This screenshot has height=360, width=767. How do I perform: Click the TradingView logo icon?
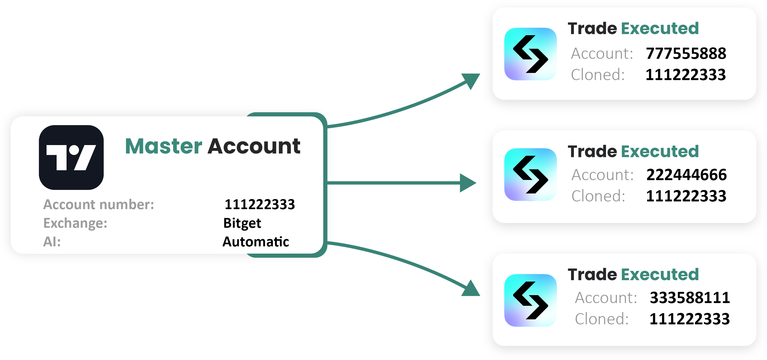pos(71,157)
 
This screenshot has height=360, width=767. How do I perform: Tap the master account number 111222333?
pos(260,204)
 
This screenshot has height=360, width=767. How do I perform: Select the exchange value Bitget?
pos(242,223)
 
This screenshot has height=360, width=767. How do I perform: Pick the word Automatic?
pos(256,242)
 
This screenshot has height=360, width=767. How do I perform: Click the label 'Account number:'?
pos(99,204)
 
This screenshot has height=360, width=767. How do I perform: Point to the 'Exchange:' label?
pos(75,223)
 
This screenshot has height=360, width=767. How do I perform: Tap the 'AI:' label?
pos(52,242)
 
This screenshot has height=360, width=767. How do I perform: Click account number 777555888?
pos(686,53)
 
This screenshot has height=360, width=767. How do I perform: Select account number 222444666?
pos(687,175)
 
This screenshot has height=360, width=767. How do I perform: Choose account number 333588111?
pos(690,298)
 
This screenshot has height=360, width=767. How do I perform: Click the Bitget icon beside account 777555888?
pos(531,54)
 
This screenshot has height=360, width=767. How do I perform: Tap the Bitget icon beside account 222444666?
pos(531,175)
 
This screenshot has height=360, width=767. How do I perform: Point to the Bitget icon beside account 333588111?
pos(531,300)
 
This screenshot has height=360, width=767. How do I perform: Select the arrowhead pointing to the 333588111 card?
pos(471,288)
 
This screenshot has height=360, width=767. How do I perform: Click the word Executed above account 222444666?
pos(660,151)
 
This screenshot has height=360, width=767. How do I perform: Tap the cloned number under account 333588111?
pos(690,319)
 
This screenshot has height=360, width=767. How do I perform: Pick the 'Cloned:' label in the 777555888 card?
pos(598,75)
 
